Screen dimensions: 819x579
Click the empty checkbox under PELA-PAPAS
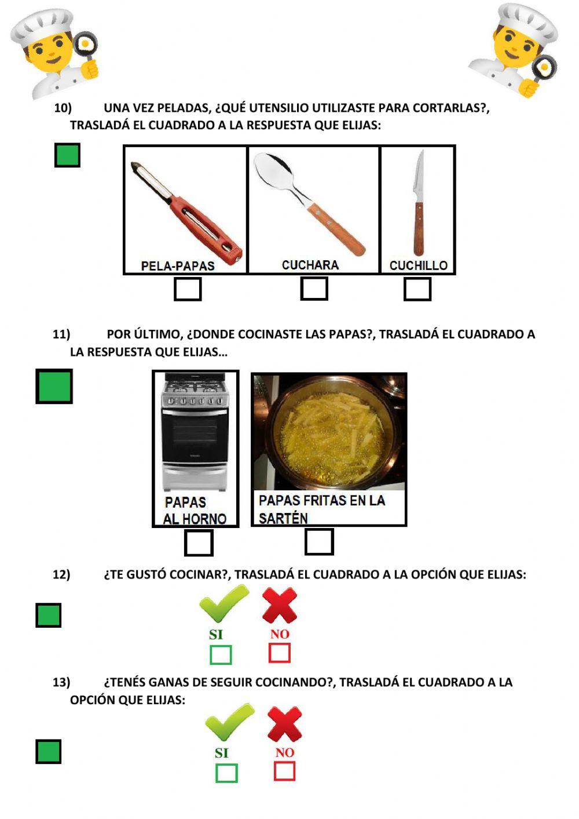tap(188, 289)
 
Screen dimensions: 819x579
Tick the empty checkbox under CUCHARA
tap(314, 289)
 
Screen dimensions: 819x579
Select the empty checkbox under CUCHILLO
tap(417, 289)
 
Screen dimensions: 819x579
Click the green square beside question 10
tap(67, 155)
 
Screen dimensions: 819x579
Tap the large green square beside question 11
tap(54, 387)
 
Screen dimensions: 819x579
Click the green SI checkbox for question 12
tap(221, 655)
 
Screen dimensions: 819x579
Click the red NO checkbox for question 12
tap(280, 653)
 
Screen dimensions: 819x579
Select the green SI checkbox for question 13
tap(226, 773)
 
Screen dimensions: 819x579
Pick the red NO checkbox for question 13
tap(284, 771)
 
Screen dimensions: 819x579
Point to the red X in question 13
tap(284, 723)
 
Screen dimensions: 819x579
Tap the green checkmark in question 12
tap(223, 603)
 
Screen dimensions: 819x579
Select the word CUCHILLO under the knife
tap(418, 265)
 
